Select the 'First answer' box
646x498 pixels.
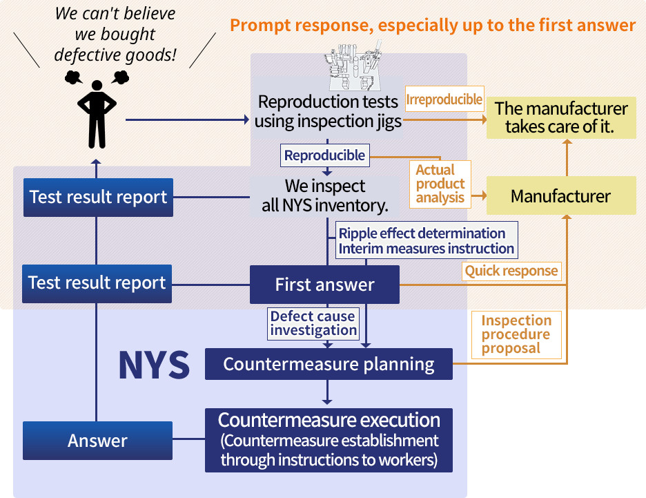324,284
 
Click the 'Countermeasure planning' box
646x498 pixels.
329,364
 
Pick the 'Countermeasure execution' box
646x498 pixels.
329,440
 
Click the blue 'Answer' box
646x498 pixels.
97,440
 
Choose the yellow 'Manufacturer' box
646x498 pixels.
560,196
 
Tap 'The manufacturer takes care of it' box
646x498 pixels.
560,117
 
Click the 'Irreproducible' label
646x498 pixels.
444,99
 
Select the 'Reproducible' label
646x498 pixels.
324,155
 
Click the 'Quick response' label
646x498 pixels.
511,271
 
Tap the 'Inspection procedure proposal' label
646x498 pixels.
516,334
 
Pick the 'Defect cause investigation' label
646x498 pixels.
313,323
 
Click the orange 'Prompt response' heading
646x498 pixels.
432,26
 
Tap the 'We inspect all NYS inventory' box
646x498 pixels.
325,196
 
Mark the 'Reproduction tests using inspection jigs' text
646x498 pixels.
328,111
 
